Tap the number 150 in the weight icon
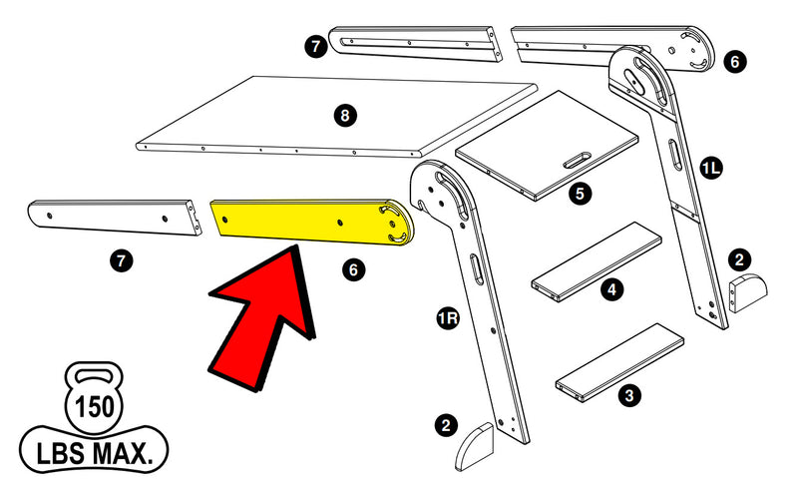pyautogui.click(x=93, y=407)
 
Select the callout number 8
pyautogui.click(x=344, y=116)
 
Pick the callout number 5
pyautogui.click(x=580, y=194)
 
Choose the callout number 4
pyautogui.click(x=611, y=290)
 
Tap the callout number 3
pyautogui.click(x=628, y=396)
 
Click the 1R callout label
pyautogui.click(x=448, y=320)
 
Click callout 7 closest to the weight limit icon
pyautogui.click(x=120, y=261)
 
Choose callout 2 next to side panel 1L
pyautogui.click(x=738, y=258)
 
